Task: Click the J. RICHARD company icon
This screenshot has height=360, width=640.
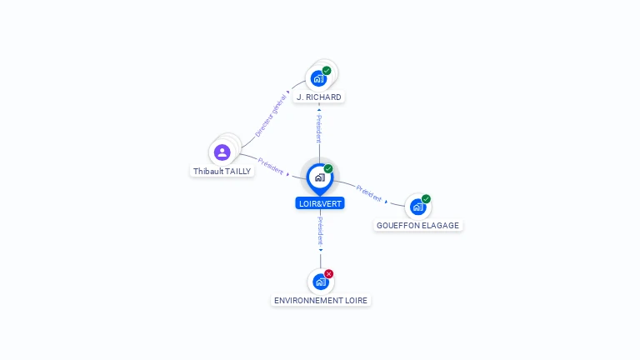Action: click(x=317, y=79)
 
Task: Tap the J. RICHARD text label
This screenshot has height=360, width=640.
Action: click(x=319, y=97)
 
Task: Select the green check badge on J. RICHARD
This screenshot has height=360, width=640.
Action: click(x=327, y=71)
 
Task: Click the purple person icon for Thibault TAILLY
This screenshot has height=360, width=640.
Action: click(x=222, y=152)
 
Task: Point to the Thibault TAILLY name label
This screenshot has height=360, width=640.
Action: click(x=222, y=171)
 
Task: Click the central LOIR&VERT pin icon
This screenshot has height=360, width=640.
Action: click(x=319, y=177)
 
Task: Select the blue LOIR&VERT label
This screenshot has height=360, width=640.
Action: click(x=320, y=203)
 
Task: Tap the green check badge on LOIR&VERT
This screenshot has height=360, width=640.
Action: click(x=328, y=169)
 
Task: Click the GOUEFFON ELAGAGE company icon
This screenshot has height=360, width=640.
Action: click(x=417, y=207)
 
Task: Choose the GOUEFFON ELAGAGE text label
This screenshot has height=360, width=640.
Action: click(x=417, y=226)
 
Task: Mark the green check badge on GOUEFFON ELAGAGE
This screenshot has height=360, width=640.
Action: click(x=426, y=199)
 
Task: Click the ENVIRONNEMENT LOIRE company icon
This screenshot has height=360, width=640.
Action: click(x=321, y=282)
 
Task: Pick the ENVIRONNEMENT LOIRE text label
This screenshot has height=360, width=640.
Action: click(x=321, y=300)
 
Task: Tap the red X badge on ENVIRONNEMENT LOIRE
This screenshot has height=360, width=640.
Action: click(x=329, y=273)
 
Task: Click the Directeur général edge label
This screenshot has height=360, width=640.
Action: click(x=270, y=115)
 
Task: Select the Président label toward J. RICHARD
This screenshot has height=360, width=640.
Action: click(x=319, y=129)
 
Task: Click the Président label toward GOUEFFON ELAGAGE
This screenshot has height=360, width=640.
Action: click(x=368, y=192)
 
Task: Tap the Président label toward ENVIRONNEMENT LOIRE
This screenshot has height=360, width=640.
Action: click(x=321, y=231)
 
